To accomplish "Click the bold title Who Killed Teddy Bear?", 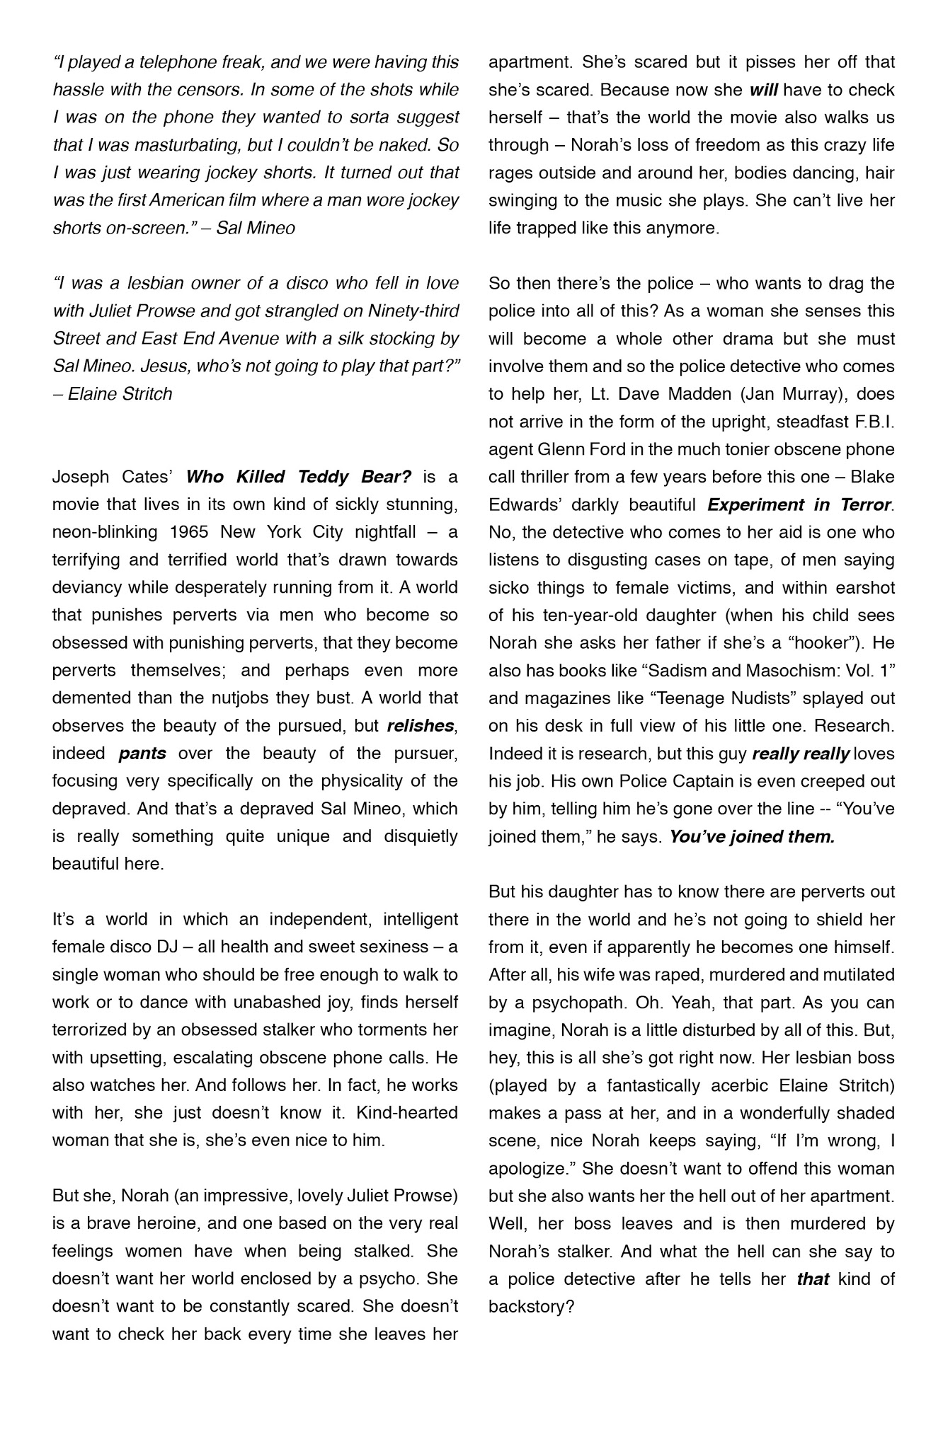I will coord(298,476).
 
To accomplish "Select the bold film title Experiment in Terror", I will coord(799,504).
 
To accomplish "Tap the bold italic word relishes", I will coord(421,725).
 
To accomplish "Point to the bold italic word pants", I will coord(142,753).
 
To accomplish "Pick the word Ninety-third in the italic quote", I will coord(413,311).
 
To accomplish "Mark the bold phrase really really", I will coord(800,754).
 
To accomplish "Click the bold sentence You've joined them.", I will coord(752,836).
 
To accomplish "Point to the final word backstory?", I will coord(530,1306).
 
